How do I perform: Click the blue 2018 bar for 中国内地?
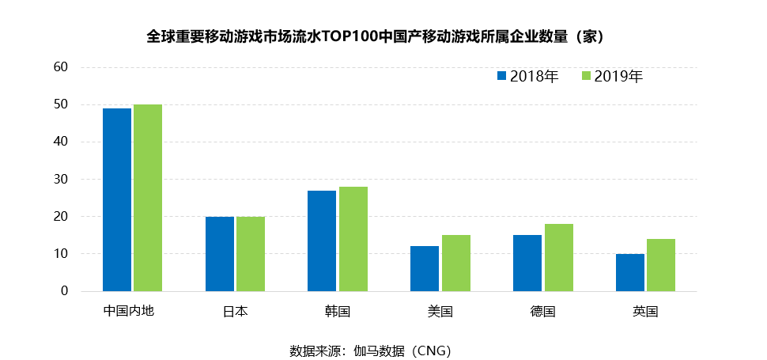coord(117,199)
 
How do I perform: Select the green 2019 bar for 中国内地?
coord(148,198)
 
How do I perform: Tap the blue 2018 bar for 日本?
coord(219,254)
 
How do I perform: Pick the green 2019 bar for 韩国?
coord(353,239)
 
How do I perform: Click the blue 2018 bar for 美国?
coord(425,269)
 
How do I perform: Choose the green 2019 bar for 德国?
coord(558,257)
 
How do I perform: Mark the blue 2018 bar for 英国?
coord(629,272)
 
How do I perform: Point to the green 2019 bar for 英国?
coord(660,265)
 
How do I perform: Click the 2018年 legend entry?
coord(527,77)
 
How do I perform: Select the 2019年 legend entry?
coord(611,77)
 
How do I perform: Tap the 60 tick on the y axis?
coord(62,67)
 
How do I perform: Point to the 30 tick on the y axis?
coord(62,180)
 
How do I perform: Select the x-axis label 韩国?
coord(338,312)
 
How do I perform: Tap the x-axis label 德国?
coord(542,312)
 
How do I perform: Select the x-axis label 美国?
coord(440,312)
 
